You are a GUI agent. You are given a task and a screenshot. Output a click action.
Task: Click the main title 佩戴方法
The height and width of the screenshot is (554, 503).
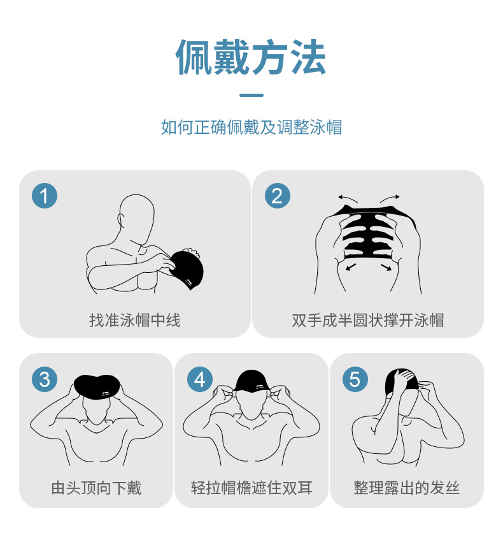coord(251,58)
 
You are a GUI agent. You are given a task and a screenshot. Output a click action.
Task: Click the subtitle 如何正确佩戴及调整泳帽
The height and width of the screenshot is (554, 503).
coord(251,127)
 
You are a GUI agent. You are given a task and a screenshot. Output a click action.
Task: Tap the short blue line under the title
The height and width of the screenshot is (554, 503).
coord(251,95)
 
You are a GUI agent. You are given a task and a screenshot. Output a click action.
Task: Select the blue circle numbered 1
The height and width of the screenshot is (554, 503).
coord(45,195)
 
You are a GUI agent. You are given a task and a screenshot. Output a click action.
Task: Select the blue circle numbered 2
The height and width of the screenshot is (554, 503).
coord(277,195)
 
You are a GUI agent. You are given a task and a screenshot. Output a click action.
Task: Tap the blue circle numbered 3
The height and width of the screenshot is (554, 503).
coord(45,379)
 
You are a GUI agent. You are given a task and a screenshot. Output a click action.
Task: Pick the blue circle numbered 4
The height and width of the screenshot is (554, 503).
coord(200,379)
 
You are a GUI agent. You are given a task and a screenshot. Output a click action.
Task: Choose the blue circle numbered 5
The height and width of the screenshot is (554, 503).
coord(355,379)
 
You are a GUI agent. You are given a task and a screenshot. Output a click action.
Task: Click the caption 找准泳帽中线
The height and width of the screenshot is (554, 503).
coord(134,319)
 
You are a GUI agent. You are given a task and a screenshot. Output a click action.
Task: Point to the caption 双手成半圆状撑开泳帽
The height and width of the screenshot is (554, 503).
coord(367,319)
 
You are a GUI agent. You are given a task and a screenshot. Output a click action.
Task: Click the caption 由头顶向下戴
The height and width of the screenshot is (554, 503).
coord(96,488)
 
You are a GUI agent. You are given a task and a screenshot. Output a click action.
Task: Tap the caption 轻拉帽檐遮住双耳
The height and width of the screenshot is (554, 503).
coord(251,488)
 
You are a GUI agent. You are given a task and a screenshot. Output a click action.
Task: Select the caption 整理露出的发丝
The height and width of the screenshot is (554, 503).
coord(406,488)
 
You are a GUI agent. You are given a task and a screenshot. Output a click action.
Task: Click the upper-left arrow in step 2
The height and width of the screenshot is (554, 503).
coord(348,198)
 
